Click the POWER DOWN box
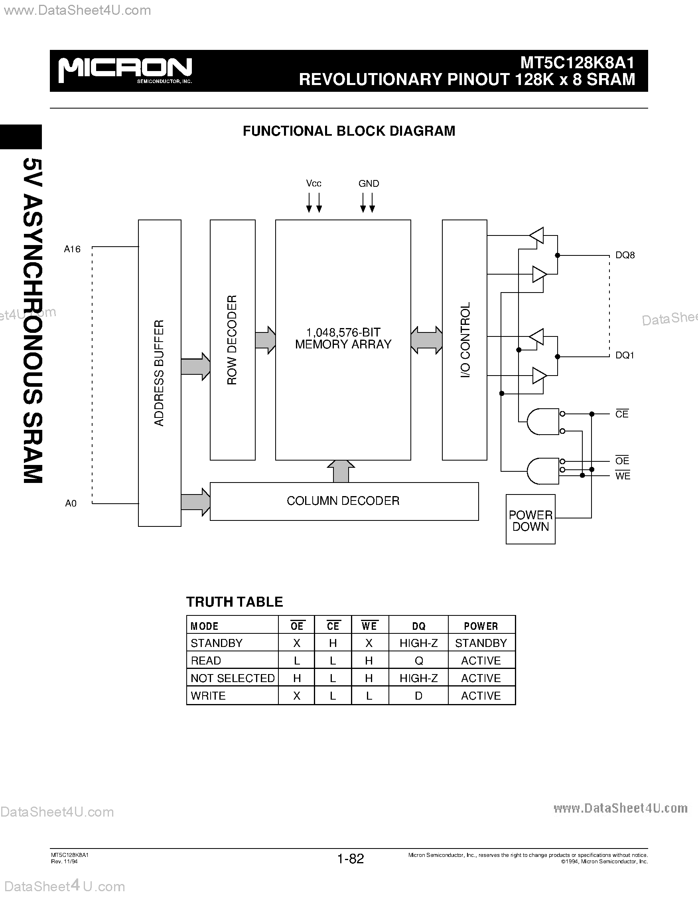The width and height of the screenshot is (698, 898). click(530, 520)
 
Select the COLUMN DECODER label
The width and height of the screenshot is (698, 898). click(343, 501)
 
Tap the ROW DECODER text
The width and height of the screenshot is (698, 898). click(232, 340)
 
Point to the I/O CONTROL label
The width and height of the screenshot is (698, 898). click(465, 340)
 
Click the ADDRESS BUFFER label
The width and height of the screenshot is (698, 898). click(159, 372)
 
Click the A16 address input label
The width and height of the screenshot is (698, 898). click(72, 249)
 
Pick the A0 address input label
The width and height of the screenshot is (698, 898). click(71, 503)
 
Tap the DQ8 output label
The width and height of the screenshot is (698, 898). click(625, 255)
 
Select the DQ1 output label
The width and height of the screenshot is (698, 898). click(625, 355)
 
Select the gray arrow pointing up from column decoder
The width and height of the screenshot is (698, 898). click(341, 471)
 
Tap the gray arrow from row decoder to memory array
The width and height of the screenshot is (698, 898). click(265, 340)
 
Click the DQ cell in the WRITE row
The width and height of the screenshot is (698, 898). click(418, 696)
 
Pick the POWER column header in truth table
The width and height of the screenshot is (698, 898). click(481, 626)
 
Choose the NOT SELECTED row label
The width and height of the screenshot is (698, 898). click(233, 678)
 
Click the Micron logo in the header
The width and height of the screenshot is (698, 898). click(125, 70)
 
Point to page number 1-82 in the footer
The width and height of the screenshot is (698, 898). click(351, 858)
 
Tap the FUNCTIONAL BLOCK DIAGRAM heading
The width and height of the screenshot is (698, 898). click(349, 131)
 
